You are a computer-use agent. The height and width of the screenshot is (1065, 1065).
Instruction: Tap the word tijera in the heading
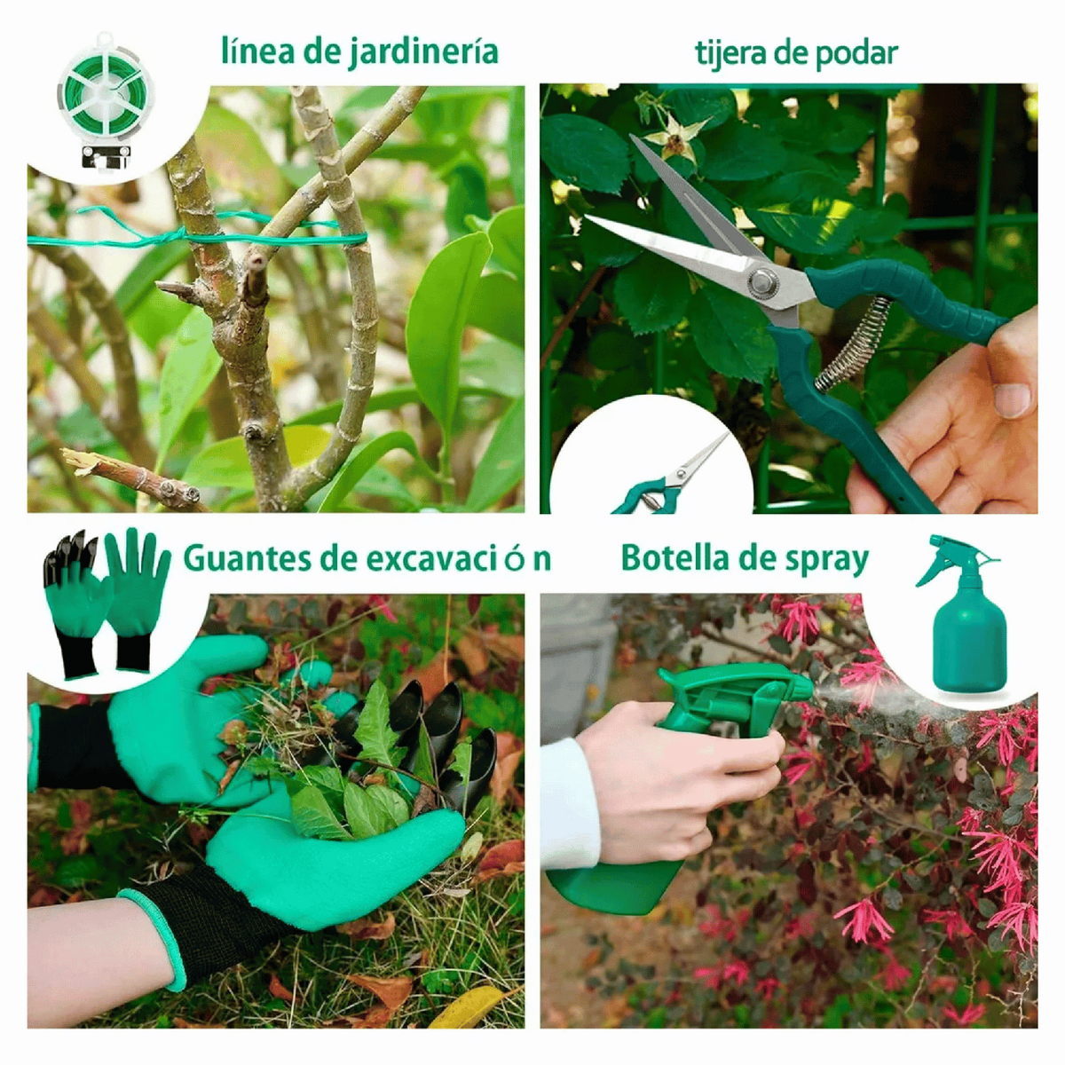pos(729,53)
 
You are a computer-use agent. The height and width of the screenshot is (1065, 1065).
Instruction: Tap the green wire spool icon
pos(106,100)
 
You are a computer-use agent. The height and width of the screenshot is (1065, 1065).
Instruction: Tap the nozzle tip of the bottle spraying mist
pos(808,688)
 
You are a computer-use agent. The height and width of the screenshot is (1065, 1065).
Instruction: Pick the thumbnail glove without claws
pos(136,600)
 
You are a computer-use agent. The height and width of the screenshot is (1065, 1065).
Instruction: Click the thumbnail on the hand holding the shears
pos(1012,399)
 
